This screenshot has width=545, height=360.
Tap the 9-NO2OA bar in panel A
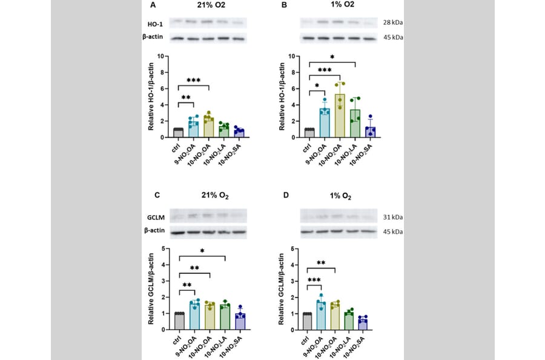193,128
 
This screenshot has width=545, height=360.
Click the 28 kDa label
393,22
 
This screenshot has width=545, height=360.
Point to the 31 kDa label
393,217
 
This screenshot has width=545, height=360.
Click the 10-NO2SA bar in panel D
362,324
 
